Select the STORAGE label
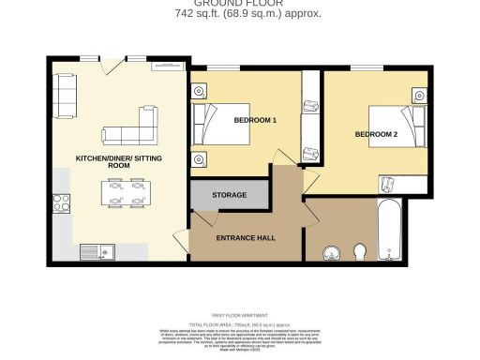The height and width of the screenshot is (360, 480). click(229, 195)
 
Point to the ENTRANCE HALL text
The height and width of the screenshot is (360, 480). click(247, 238)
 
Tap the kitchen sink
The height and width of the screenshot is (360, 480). click(97, 250)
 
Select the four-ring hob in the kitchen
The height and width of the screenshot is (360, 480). click(62, 203)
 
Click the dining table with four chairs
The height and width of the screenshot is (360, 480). click(125, 193)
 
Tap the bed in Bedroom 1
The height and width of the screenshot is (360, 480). click(221, 125)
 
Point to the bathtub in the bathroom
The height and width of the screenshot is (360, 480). click(390, 232)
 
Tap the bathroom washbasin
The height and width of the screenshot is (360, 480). click(331, 252)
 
